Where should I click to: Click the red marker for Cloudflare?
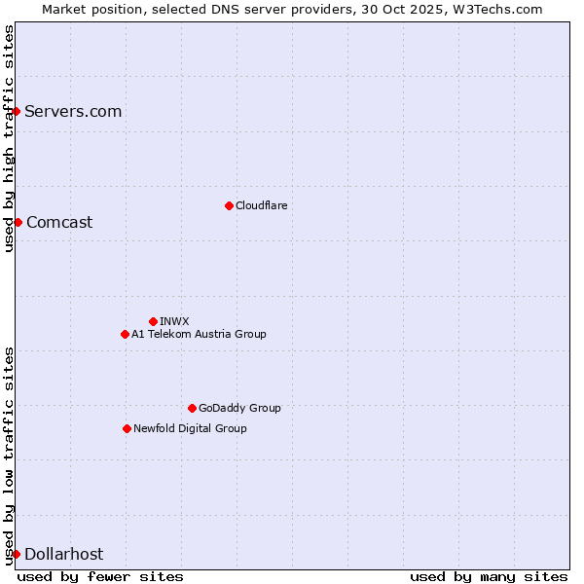(229, 205)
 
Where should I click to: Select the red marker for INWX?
(153, 321)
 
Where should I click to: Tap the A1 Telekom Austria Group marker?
(125, 334)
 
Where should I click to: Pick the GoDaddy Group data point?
(192, 408)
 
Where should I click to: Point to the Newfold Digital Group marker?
(127, 428)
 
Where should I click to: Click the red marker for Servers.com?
(16, 111)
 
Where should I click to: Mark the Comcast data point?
(18, 222)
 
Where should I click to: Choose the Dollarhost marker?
(16, 554)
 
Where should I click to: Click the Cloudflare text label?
(261, 205)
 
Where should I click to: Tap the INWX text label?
(174, 321)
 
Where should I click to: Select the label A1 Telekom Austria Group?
(199, 334)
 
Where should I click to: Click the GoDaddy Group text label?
(239, 408)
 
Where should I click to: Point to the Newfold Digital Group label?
(190, 428)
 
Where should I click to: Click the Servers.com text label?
(73, 111)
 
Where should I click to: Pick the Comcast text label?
(59, 222)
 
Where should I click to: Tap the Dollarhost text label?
(63, 554)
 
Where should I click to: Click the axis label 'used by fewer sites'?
(100, 576)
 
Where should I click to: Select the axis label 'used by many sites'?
(489, 576)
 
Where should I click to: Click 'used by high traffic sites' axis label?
(9, 138)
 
